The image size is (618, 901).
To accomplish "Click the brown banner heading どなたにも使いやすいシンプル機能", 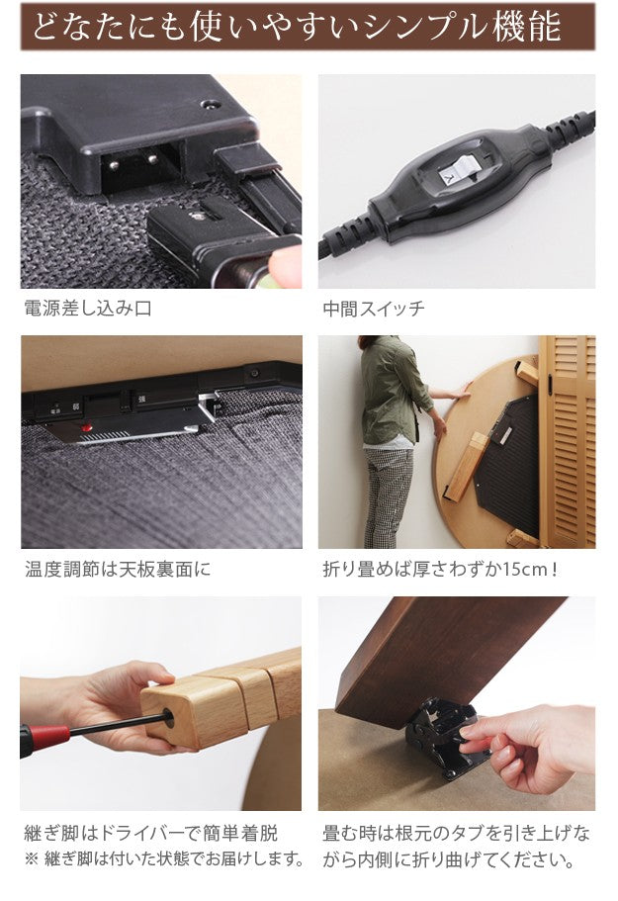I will (308, 27).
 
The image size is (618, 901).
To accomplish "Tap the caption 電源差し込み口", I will (88, 309).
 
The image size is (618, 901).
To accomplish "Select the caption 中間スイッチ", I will (374, 309).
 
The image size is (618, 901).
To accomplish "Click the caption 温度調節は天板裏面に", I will (118, 570).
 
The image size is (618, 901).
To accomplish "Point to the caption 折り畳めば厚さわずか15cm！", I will (441, 570).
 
